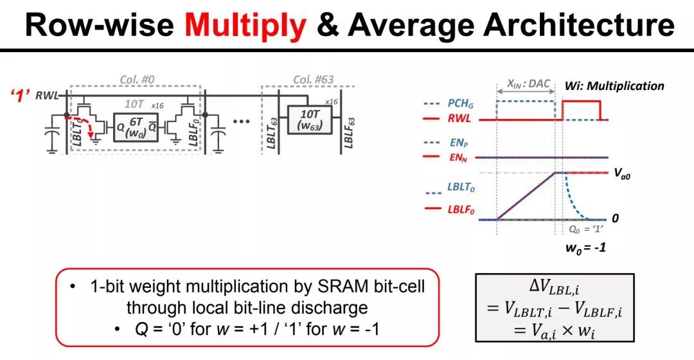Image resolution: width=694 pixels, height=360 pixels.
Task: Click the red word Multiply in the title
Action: click(245, 24)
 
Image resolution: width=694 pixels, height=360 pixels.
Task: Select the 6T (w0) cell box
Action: click(136, 127)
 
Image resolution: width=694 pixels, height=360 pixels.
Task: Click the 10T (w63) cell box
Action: click(310, 119)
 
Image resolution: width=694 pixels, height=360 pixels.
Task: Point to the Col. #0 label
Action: click(138, 80)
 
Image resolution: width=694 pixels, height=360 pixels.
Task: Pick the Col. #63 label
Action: click(314, 80)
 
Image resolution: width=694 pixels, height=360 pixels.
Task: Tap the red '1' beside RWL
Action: click(20, 96)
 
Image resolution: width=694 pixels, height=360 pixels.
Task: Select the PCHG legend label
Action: click(460, 104)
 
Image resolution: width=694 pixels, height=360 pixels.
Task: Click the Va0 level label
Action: click(622, 173)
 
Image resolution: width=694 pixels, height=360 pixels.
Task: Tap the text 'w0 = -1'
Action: click(585, 248)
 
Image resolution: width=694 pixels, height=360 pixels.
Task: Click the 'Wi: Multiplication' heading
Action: click(614, 86)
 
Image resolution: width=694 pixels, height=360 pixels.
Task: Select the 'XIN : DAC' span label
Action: click(528, 84)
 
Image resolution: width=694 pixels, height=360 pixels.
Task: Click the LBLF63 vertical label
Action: click(349, 133)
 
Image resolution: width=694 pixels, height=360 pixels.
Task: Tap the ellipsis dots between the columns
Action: click(241, 122)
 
